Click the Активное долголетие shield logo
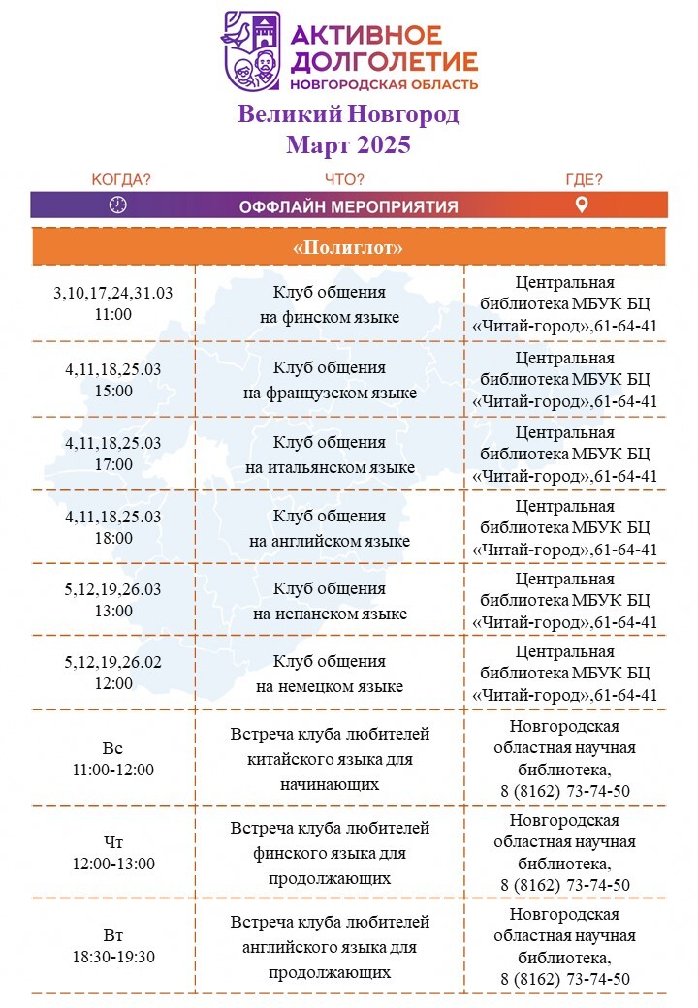click(251, 51)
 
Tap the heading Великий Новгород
click(348, 114)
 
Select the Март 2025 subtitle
click(348, 144)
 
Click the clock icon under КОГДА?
click(117, 205)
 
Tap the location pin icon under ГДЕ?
click(582, 205)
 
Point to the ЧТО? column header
click(344, 179)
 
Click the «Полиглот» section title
click(348, 247)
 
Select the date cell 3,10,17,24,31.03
click(113, 293)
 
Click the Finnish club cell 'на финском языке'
click(329, 317)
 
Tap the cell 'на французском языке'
click(330, 393)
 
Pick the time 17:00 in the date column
click(113, 464)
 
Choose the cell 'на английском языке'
click(330, 541)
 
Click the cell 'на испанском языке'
click(330, 614)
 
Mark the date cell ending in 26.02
click(113, 662)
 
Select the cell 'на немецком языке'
click(330, 686)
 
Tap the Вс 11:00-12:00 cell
click(113, 759)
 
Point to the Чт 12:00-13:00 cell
click(113, 852)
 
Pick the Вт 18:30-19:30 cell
click(113, 946)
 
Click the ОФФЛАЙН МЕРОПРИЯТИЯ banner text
click(348, 207)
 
